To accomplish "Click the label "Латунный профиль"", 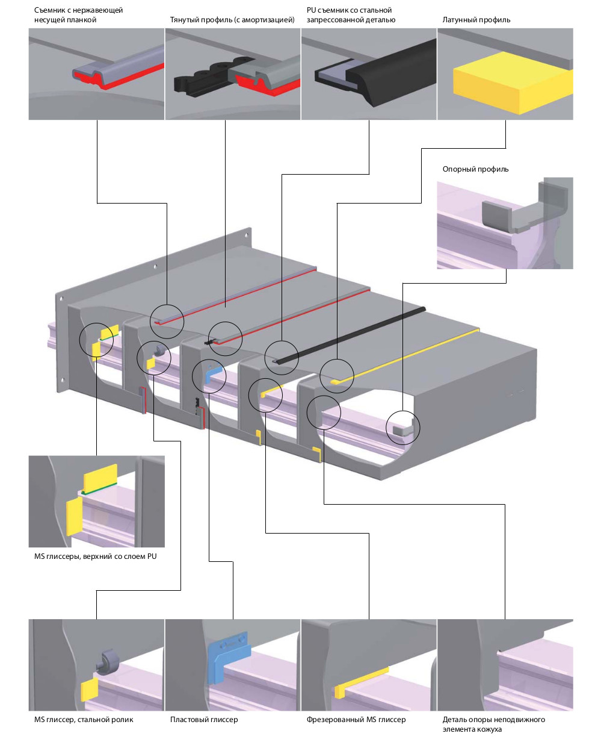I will (x=476, y=20).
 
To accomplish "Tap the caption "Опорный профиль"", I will (x=475, y=169).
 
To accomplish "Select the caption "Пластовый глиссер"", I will (x=204, y=720).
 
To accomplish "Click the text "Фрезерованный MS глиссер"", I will (x=356, y=720).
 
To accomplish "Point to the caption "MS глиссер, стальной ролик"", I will (x=84, y=720).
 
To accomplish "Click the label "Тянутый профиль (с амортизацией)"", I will (x=232, y=20).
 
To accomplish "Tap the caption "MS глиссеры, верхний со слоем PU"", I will (x=95, y=556).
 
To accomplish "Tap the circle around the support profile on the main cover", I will (x=402, y=427).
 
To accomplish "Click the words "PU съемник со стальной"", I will (x=349, y=10).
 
